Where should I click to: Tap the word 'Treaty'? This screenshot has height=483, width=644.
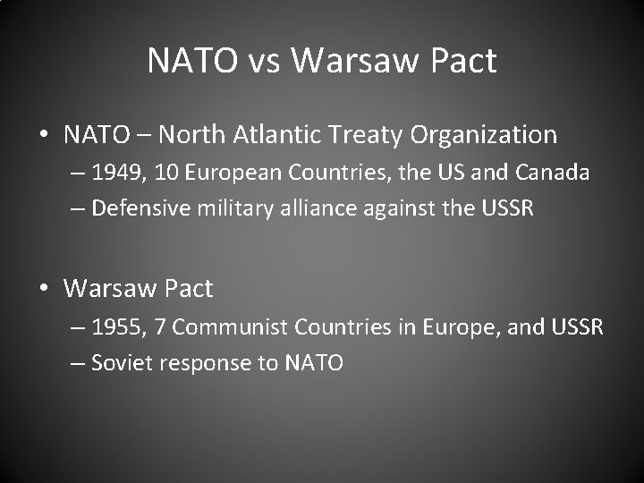[367, 135]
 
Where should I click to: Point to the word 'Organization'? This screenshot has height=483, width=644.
[484, 136]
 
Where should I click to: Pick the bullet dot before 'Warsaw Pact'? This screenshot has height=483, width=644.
[44, 289]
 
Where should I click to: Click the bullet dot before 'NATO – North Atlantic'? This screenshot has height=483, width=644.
[44, 136]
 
